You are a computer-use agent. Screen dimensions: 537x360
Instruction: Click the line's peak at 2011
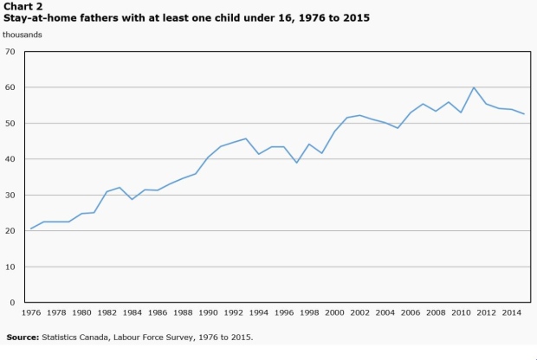pyautogui.click(x=474, y=87)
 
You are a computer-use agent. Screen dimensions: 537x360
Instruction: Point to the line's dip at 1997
pyautogui.click(x=296, y=163)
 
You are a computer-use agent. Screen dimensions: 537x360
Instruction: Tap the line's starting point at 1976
pyautogui.click(x=31, y=228)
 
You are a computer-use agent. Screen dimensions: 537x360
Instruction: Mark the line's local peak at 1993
pyautogui.click(x=246, y=138)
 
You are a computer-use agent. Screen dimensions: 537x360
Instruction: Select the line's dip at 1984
pyautogui.click(x=133, y=199)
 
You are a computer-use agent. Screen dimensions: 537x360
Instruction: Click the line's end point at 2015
pyautogui.click(x=524, y=114)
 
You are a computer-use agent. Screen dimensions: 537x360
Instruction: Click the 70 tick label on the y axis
pyautogui.click(x=10, y=52)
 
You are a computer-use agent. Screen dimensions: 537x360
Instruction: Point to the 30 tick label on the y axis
pyautogui.click(x=10, y=195)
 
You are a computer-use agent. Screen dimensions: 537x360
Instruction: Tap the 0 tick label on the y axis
pyautogui.click(x=13, y=303)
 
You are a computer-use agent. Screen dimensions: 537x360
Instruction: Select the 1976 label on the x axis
pyautogui.click(x=31, y=312)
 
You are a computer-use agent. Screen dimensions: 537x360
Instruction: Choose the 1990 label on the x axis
pyautogui.click(x=208, y=312)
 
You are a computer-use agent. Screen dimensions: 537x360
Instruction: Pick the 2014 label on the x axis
pyautogui.click(x=512, y=312)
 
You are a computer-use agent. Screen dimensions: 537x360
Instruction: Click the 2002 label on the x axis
pyautogui.click(x=360, y=312)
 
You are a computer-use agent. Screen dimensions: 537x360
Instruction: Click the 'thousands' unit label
pyautogui.click(x=23, y=35)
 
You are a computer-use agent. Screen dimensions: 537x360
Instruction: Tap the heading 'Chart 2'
pyautogui.click(x=23, y=6)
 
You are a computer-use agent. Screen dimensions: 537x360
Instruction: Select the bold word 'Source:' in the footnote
pyautogui.click(x=23, y=337)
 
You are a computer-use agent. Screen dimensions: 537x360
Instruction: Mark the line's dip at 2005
pyautogui.click(x=398, y=128)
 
